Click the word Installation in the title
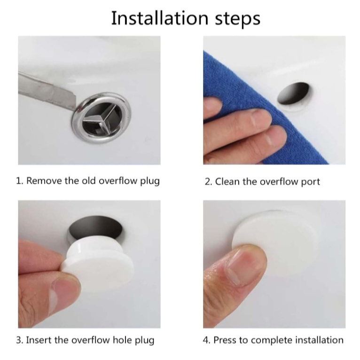point(160,18)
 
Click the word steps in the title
point(238,19)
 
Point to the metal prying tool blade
point(47,90)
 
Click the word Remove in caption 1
point(44,180)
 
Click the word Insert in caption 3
point(39,340)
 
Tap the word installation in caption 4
point(320,340)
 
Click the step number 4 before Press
point(206,340)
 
